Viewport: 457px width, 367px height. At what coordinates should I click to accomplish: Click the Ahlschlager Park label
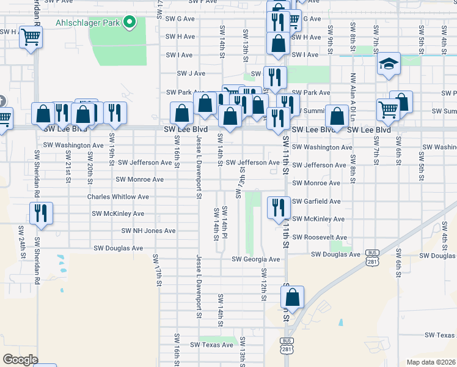(87, 23)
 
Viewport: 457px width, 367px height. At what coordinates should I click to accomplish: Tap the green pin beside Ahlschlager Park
(129, 23)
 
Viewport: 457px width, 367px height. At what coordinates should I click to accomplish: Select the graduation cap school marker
(388, 64)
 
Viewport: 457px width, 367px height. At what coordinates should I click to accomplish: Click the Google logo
(20, 359)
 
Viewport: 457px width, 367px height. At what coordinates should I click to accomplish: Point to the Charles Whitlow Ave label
(118, 197)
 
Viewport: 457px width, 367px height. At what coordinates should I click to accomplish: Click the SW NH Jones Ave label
(148, 231)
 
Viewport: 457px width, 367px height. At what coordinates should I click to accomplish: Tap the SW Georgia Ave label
(255, 259)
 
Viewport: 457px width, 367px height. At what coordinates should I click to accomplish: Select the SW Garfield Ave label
(316, 201)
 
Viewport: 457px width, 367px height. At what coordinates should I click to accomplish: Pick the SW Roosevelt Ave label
(319, 237)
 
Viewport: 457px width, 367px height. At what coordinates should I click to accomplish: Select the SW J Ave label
(191, 73)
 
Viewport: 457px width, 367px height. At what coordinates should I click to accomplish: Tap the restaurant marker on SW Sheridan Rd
(41, 212)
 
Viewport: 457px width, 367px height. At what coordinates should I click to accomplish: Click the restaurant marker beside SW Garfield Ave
(277, 207)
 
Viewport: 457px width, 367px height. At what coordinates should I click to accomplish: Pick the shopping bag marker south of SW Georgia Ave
(293, 297)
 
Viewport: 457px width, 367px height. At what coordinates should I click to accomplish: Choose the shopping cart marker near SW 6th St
(388, 109)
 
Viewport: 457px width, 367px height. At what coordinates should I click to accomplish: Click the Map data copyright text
(431, 362)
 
